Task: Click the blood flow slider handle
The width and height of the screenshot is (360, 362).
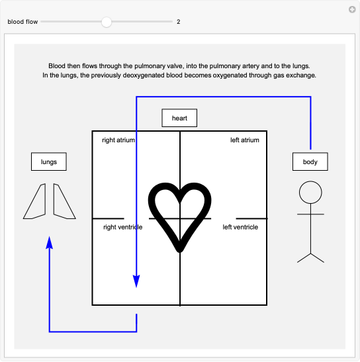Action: click(x=107, y=22)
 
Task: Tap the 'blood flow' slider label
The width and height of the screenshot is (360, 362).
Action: click(x=22, y=22)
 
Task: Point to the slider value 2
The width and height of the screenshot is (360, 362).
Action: click(x=179, y=22)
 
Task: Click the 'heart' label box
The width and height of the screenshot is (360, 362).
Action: click(x=179, y=118)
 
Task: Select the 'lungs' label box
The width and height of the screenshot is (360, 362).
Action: click(x=48, y=161)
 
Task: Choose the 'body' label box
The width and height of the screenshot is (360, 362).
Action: click(x=310, y=161)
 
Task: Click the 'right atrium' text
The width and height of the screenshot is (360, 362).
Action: click(x=118, y=140)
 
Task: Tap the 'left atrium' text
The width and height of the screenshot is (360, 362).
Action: click(x=245, y=140)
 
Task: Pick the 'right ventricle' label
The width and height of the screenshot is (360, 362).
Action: click(x=122, y=227)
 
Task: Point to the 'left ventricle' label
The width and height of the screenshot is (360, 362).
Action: click(x=240, y=227)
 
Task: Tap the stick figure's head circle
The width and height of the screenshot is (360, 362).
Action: click(x=310, y=193)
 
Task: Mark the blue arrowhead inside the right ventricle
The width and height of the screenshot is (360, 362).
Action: click(x=136, y=281)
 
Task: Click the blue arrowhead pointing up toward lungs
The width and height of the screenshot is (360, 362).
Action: click(x=50, y=244)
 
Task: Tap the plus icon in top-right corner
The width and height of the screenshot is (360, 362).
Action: click(x=352, y=9)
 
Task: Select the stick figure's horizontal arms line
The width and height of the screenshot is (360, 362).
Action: click(x=310, y=214)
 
